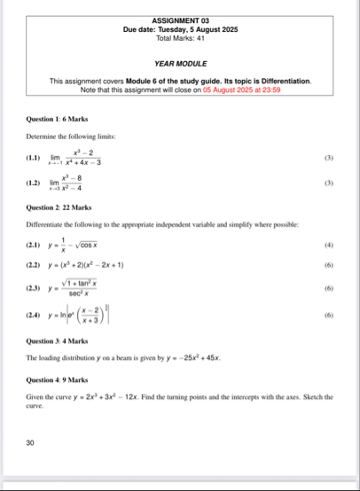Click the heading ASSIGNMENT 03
(180, 19)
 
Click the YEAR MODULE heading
(180, 64)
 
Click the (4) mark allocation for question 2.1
(328, 245)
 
